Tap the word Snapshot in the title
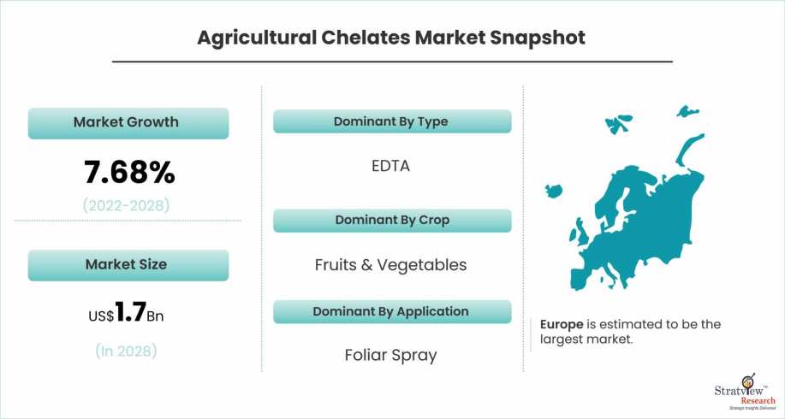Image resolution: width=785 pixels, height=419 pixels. point(538,38)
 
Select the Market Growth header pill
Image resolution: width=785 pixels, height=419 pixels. point(128,123)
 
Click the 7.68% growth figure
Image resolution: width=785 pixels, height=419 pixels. point(129,172)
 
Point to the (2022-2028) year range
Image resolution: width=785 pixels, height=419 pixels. point(126,205)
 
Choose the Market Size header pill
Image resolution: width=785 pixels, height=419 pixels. point(128,265)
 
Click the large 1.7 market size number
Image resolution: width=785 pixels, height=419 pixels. point(130,312)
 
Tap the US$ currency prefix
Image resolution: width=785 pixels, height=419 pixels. point(101,316)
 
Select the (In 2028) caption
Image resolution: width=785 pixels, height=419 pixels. point(126,351)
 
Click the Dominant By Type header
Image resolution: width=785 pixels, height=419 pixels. point(392,121)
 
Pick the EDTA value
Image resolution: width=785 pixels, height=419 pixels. point(390,166)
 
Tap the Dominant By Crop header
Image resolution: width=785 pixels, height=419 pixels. point(392,221)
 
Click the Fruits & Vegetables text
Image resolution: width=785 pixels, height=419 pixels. point(390,265)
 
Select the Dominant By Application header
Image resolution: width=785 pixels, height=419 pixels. point(392,311)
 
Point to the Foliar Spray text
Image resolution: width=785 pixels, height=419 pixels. point(390,355)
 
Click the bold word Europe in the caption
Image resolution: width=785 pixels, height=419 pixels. point(562,324)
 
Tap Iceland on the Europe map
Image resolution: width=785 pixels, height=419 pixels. point(554,191)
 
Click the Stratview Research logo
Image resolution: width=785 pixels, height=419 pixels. point(745,392)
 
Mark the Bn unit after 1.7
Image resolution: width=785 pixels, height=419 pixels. point(155,316)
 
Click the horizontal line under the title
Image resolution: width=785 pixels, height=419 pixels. point(392,62)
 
